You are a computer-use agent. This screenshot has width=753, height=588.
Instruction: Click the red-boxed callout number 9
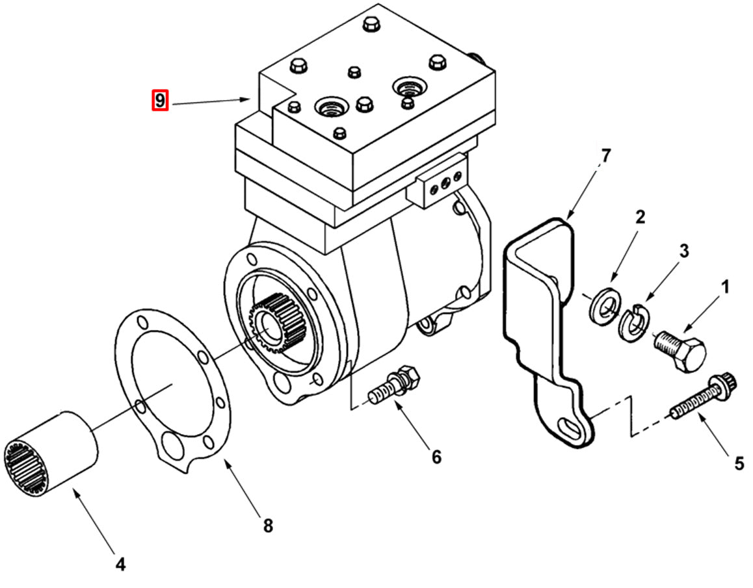tap(160, 101)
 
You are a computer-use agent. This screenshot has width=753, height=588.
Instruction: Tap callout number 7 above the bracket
tap(605, 157)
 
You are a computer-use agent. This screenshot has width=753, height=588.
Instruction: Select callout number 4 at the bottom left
tap(120, 564)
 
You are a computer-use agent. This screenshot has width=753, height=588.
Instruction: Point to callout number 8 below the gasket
tap(267, 525)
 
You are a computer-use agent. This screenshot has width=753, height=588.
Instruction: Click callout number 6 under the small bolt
tap(436, 457)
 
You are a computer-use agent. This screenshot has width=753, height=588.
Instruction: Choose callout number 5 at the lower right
tap(739, 463)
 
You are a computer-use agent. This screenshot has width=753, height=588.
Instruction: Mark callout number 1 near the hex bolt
tap(724, 286)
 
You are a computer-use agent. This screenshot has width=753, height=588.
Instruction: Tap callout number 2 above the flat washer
tap(641, 218)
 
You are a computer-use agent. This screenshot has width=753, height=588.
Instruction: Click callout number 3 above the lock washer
tap(683, 251)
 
